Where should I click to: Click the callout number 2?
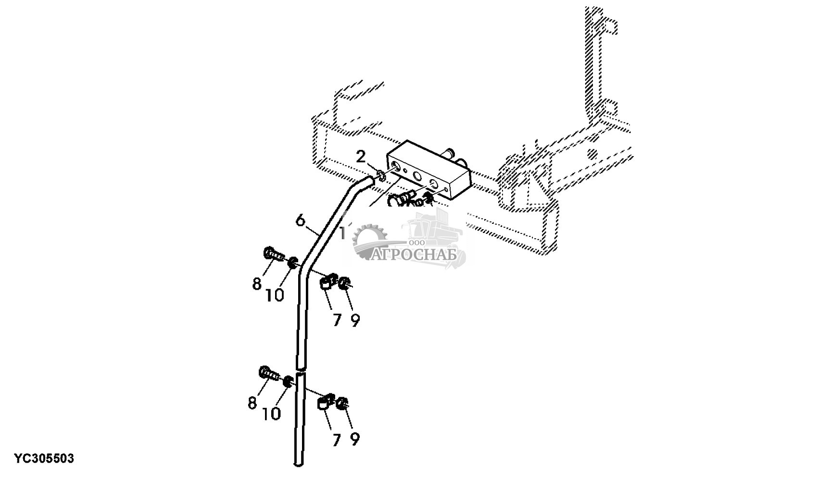(x=361, y=157)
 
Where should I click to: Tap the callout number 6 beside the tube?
(x=300, y=220)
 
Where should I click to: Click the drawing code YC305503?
(x=44, y=458)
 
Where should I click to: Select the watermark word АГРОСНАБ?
(x=414, y=255)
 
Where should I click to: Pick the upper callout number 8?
(x=257, y=283)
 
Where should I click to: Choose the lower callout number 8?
(x=252, y=403)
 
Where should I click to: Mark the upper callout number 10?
(x=275, y=294)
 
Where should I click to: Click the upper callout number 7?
(x=337, y=320)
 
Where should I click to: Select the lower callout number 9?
(x=355, y=440)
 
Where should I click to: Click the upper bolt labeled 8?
(x=273, y=254)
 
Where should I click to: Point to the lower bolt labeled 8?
(x=269, y=373)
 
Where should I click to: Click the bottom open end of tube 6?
(x=298, y=464)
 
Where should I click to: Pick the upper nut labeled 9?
(x=344, y=283)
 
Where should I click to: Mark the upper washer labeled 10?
(x=293, y=263)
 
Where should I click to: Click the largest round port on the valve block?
(x=416, y=177)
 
